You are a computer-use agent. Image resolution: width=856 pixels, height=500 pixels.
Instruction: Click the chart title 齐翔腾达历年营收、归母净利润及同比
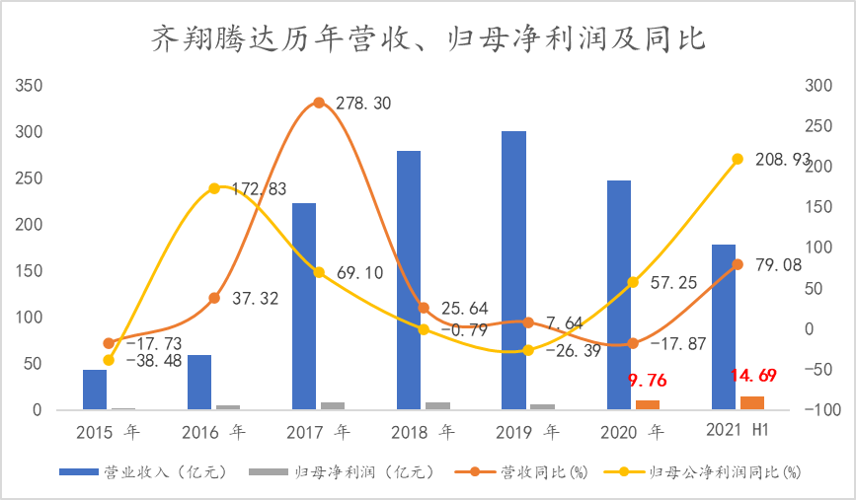click(x=428, y=38)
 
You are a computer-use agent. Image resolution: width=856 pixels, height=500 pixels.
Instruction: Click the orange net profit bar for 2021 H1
click(x=752, y=402)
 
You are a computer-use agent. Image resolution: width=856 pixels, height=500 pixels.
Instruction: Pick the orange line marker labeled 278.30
click(x=319, y=103)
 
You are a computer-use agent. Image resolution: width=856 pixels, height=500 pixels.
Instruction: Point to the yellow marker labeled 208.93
click(x=738, y=159)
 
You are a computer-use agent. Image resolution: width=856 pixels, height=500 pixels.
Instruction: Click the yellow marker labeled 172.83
click(x=214, y=187)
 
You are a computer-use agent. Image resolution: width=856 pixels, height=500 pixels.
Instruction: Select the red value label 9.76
click(x=648, y=381)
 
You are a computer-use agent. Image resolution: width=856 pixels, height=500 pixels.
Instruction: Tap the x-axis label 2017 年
click(x=318, y=432)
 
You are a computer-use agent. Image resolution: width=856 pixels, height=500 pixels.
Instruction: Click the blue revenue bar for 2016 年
click(x=199, y=382)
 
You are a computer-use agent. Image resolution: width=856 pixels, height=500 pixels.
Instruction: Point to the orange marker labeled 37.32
click(x=214, y=298)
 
